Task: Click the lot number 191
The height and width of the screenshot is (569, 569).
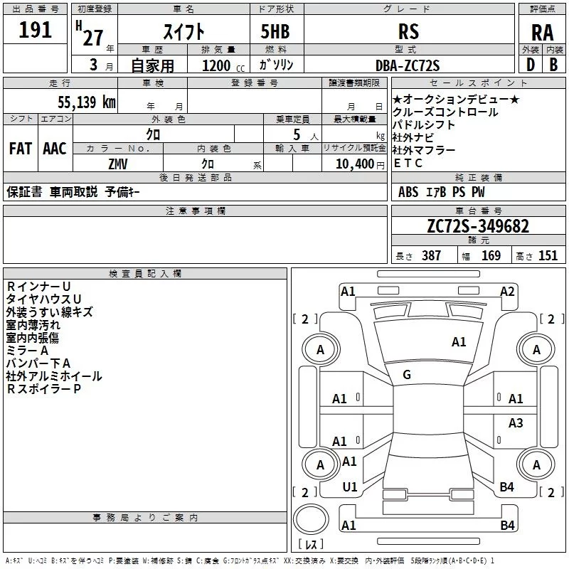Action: (x=35, y=30)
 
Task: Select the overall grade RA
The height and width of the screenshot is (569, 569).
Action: (x=542, y=32)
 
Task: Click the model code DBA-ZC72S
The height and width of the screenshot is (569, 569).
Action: (x=407, y=65)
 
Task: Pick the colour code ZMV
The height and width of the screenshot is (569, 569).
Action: (x=118, y=163)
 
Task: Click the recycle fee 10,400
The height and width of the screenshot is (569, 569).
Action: (x=353, y=163)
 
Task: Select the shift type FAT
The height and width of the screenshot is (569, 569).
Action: (x=21, y=148)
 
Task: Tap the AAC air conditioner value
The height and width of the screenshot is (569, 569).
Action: (x=55, y=148)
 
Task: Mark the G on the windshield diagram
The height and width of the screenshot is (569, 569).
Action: (x=407, y=375)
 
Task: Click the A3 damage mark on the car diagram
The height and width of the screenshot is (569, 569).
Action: (x=516, y=423)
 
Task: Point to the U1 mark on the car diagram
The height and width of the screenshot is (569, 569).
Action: (x=349, y=487)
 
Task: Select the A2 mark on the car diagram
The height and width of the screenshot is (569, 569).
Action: (x=507, y=291)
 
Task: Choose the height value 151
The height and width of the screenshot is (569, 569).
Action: (x=548, y=256)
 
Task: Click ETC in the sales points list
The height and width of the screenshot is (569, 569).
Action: (x=408, y=164)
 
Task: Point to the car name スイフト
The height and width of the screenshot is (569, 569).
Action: (x=184, y=32)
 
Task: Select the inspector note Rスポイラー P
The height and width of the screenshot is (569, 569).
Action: (x=43, y=389)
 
